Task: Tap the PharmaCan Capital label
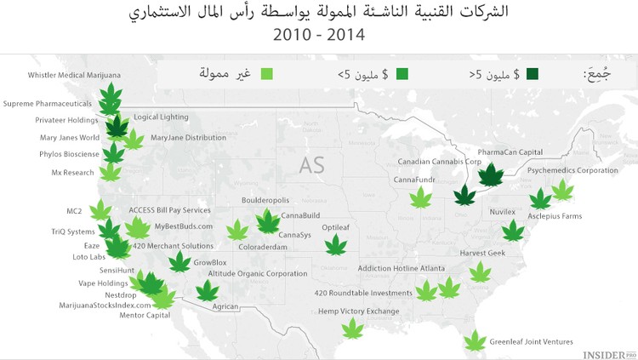510,152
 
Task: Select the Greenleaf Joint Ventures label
531,341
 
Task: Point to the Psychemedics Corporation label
572,170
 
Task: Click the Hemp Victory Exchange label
358,311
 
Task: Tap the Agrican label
225,306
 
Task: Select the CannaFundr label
415,180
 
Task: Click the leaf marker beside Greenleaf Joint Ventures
474,342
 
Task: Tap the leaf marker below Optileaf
337,245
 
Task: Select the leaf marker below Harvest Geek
481,271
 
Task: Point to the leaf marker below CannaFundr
420,198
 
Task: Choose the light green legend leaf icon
267,75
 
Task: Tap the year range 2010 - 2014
318,36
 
